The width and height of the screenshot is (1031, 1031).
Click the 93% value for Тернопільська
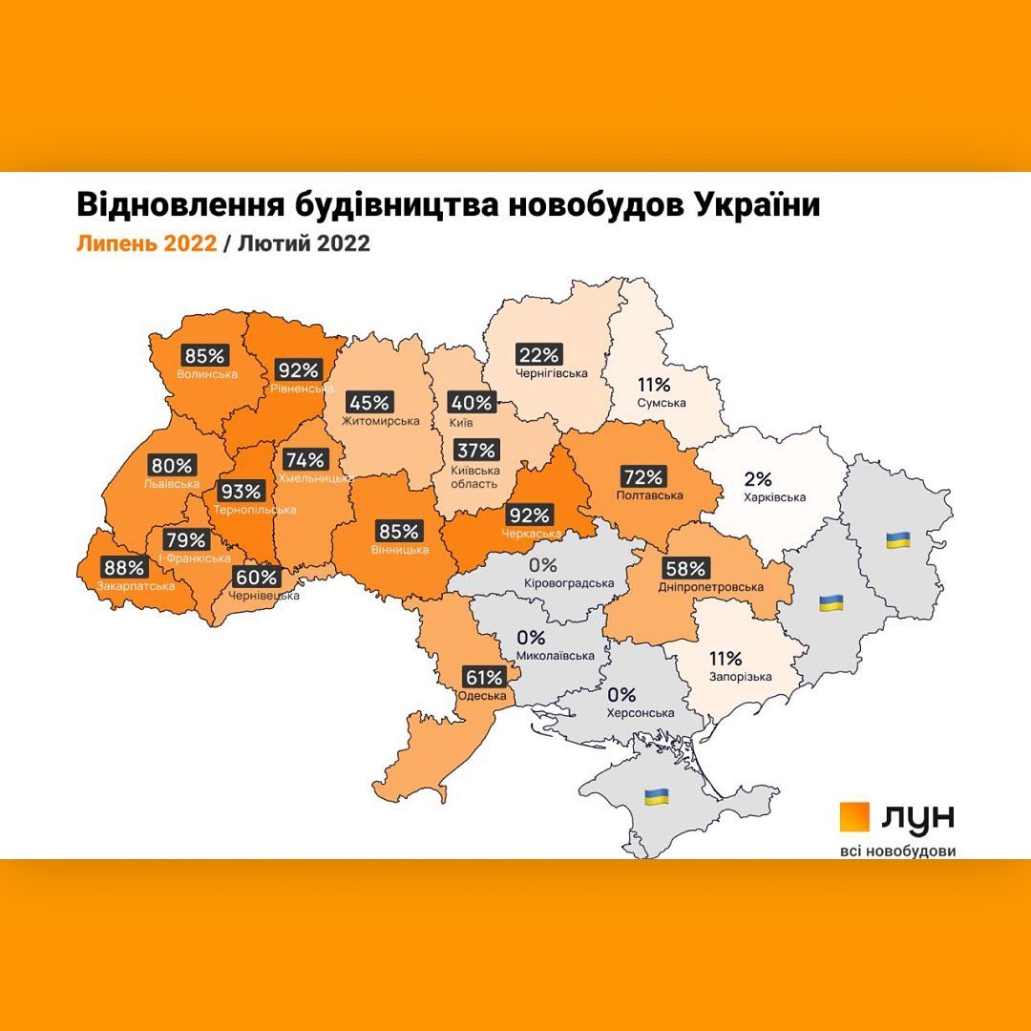pyautogui.click(x=240, y=492)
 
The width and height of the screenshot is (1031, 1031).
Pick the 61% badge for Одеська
pyautogui.click(x=483, y=678)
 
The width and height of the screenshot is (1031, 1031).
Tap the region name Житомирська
pyautogui.click(x=382, y=421)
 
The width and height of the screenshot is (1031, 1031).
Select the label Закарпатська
pyautogui.click(x=135, y=585)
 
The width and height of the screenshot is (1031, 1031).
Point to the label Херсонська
pyautogui.click(x=640, y=713)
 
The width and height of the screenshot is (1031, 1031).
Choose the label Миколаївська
pyautogui.click(x=555, y=656)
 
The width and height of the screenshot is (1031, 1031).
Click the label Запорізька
pyautogui.click(x=740, y=676)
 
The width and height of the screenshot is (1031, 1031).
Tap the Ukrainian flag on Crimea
pyautogui.click(x=656, y=795)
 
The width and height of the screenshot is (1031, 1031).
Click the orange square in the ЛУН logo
pyautogui.click(x=855, y=817)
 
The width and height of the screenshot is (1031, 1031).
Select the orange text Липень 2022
pyautogui.click(x=145, y=243)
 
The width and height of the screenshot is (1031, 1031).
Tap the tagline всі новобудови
pyautogui.click(x=896, y=850)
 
